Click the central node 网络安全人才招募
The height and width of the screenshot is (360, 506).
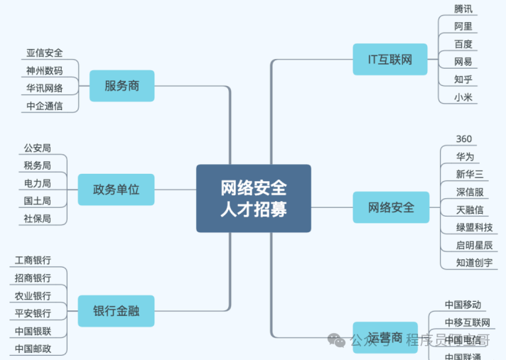[254, 199]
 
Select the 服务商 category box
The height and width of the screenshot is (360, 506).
[122, 86]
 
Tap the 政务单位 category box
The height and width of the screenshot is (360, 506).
[116, 190]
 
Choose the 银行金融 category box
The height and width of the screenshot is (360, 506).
[116, 310]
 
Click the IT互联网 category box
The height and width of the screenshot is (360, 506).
[390, 60]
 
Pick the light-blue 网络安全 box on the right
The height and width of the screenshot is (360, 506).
[391, 208]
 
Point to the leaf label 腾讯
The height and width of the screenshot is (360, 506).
[463, 9]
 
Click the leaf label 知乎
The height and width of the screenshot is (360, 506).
[463, 79]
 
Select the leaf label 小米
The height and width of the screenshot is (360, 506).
[463, 97]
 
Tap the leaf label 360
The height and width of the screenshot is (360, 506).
[463, 138]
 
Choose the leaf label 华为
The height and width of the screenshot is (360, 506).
[465, 156]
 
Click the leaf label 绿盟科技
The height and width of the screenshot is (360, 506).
[474, 227]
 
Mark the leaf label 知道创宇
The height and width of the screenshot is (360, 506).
[474, 263]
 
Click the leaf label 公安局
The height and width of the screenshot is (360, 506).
[37, 148]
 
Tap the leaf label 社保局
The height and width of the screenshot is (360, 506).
[37, 219]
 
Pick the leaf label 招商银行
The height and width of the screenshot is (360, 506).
[33, 278]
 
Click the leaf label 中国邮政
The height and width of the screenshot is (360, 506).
[33, 349]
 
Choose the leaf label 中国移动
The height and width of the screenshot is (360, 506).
[463, 305]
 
